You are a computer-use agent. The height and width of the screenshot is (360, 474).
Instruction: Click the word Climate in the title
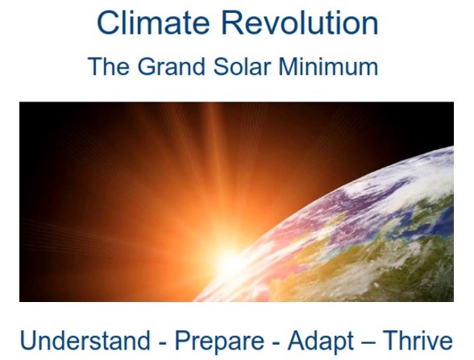click(153, 23)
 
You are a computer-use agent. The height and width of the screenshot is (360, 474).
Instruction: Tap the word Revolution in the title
click(300, 23)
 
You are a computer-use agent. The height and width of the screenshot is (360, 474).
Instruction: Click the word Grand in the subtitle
click(171, 66)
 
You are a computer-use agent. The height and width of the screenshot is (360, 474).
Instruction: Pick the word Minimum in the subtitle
click(328, 66)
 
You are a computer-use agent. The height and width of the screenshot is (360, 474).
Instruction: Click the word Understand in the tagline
click(85, 341)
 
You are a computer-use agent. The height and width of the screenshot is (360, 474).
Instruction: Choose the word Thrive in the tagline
click(418, 341)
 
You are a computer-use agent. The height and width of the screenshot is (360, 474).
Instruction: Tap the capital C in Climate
click(108, 23)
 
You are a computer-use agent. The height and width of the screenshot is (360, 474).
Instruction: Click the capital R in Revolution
click(232, 23)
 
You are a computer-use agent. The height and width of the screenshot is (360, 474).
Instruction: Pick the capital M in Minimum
click(288, 66)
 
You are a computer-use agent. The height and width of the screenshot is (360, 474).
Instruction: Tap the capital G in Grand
click(147, 66)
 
